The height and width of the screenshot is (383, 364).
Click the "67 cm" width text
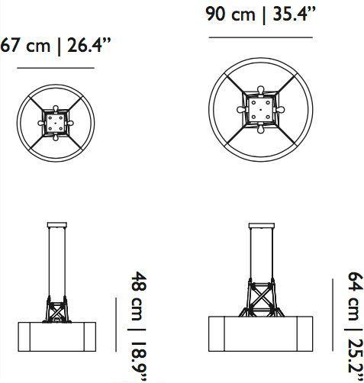point(25,46)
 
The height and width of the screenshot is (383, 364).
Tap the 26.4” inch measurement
point(89,45)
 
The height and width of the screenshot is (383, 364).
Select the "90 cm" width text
point(230,14)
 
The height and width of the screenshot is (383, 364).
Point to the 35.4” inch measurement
point(295,14)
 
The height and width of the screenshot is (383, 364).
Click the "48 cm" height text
point(139,296)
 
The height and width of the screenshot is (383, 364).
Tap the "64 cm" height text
point(356,296)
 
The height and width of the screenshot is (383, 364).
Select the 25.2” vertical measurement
point(356,362)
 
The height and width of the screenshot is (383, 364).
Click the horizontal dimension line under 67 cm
point(56,68)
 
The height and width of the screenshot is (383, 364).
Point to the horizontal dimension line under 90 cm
point(261,37)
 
